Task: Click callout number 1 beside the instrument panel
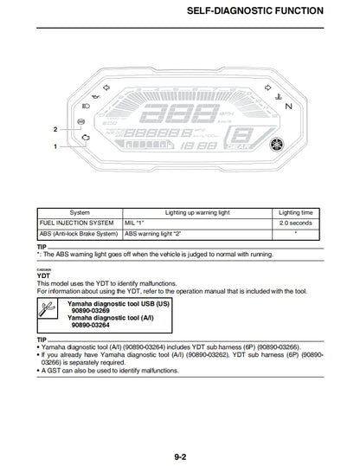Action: pyautogui.click(x=55, y=146)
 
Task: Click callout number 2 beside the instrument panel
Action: pyautogui.click(x=55, y=129)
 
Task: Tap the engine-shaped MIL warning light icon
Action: pyautogui.click(x=84, y=139)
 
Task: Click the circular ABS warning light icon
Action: pyautogui.click(x=81, y=122)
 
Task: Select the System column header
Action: pyautogui.click(x=80, y=211)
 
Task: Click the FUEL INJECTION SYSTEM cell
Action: pyautogui.click(x=77, y=223)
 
